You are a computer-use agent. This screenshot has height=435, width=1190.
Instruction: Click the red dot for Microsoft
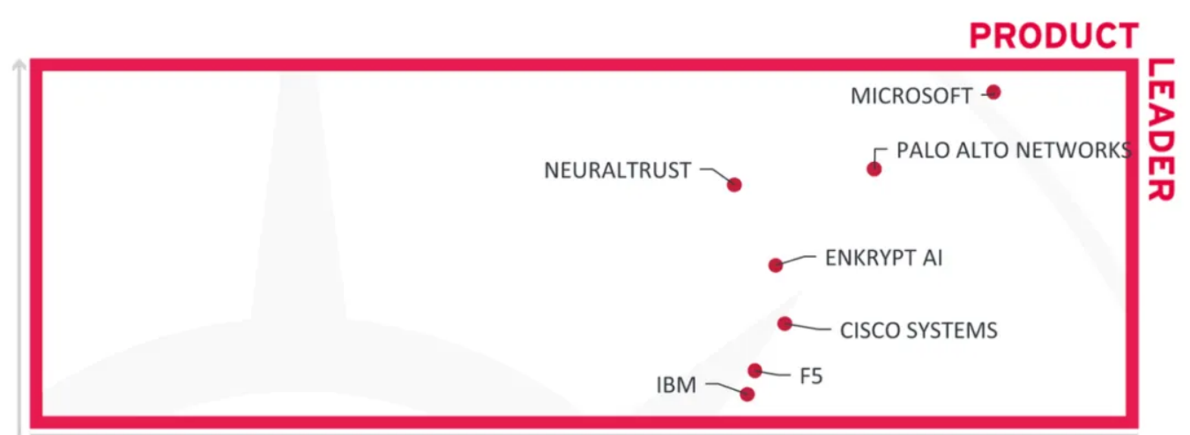[x=993, y=92]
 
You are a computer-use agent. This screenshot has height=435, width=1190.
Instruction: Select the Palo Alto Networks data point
[x=874, y=169]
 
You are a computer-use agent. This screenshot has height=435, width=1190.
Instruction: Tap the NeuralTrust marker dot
[x=734, y=185]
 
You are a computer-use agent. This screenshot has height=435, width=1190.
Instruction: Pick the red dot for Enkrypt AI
[x=776, y=265]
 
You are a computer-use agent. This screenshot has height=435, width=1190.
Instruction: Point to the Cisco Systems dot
[x=785, y=323]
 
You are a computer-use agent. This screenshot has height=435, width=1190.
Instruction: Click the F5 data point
[x=755, y=371]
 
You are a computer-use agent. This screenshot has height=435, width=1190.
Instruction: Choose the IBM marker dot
[x=747, y=394]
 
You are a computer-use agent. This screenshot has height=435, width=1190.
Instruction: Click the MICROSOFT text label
[x=911, y=96]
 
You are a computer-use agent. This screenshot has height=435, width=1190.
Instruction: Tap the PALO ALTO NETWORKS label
[x=1014, y=150]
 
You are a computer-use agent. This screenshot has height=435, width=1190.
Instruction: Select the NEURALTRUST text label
[x=617, y=170]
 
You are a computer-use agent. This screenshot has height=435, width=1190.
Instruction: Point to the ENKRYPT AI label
[x=884, y=258]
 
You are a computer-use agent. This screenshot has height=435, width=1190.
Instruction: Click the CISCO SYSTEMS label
[x=919, y=330]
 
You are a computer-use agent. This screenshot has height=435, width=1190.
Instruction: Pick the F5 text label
[x=811, y=376]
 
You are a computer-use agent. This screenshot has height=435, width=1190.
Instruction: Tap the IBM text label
[x=676, y=385]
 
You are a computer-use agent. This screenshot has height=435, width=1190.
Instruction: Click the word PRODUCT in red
[x=1054, y=36]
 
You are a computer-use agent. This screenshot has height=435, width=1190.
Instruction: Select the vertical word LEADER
[x=1160, y=130]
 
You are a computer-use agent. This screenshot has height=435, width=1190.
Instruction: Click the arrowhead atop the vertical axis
[x=19, y=64]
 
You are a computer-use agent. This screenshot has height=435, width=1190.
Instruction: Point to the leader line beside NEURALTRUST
[x=717, y=174]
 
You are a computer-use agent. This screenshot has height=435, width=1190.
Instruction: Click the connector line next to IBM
[x=725, y=387]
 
